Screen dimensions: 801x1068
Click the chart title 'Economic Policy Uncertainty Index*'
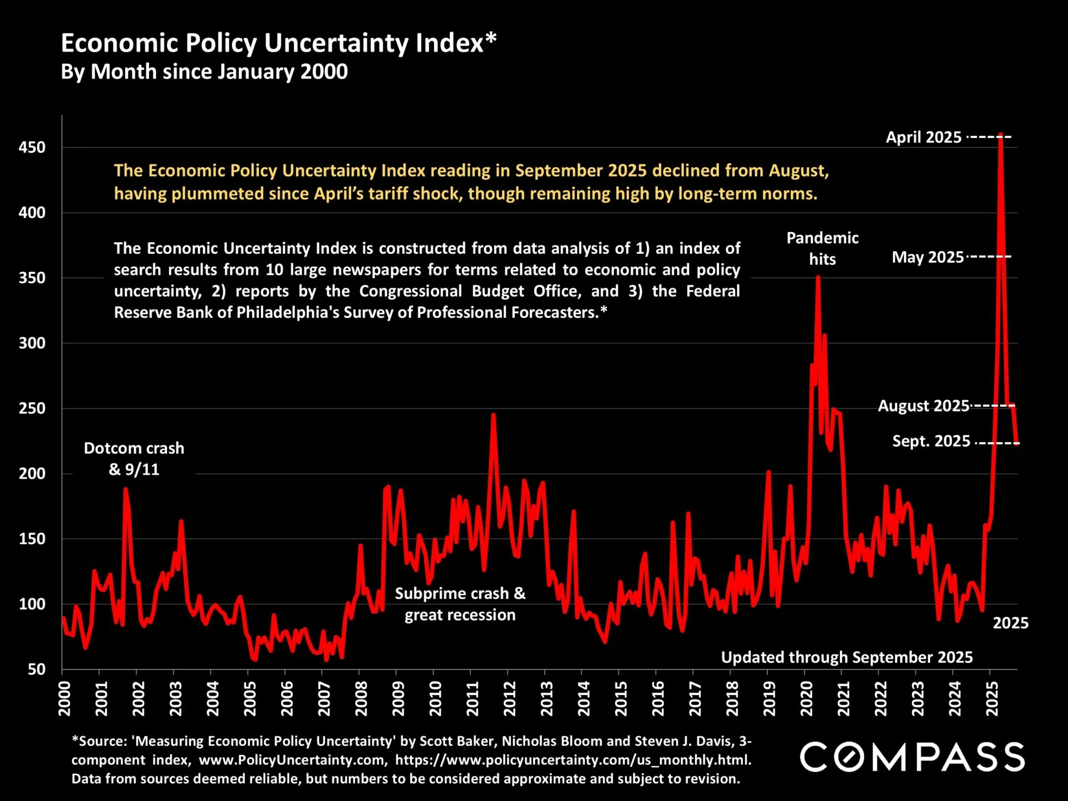tap(278, 43)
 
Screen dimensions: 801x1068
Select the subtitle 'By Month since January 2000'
tap(204, 72)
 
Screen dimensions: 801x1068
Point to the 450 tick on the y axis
tap(32, 148)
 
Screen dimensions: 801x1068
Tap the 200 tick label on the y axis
tap(32, 474)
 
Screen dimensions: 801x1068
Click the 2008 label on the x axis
tap(361, 699)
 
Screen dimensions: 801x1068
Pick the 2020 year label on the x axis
tap(806, 699)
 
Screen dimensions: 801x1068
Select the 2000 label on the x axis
tap(65, 699)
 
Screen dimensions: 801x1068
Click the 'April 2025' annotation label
tap(923, 137)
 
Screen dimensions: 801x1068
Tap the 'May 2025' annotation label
tap(927, 257)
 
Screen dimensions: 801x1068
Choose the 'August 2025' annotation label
tap(923, 406)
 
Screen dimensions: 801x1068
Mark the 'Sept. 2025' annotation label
tap(931, 441)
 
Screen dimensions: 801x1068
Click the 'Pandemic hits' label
tap(822, 248)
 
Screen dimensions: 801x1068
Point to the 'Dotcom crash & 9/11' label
tap(134, 459)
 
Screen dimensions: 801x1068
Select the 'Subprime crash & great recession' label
tap(460, 604)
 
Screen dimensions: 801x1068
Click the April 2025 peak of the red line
tap(1001, 135)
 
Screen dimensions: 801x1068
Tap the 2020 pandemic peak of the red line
tap(818, 278)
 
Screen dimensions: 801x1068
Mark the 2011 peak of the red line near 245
tap(493, 415)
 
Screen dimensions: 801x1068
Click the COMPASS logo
tap(912, 757)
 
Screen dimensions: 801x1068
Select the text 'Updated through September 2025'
tap(846, 657)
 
